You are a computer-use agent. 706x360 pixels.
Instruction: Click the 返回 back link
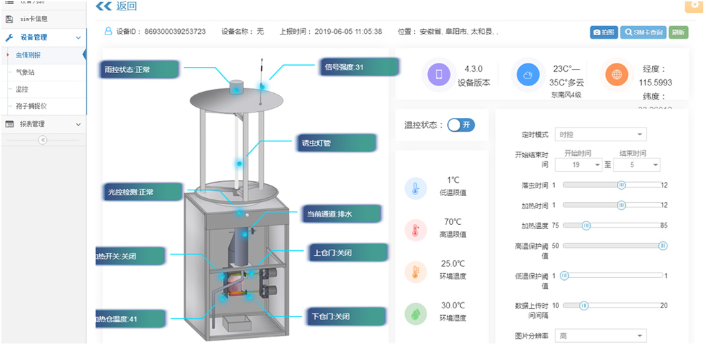(117, 7)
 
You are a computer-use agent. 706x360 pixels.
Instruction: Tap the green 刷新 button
(678, 32)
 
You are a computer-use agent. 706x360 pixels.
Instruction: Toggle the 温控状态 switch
(460, 125)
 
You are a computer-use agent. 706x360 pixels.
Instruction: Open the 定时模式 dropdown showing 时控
(600, 134)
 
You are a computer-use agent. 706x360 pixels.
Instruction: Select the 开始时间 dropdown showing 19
(582, 165)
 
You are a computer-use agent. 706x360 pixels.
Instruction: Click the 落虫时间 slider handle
(621, 185)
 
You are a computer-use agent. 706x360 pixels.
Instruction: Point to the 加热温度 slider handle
(587, 226)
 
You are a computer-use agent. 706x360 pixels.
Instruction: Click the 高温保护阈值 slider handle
(663, 246)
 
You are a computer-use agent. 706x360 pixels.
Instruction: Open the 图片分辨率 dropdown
(600, 336)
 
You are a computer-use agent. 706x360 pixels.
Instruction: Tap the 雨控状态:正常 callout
(137, 70)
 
